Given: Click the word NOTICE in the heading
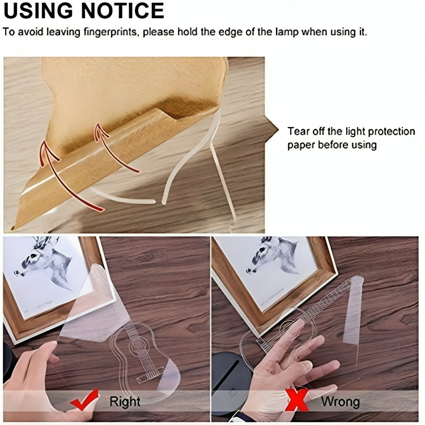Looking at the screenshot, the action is [x=122, y=10].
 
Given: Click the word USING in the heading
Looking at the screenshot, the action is [x=39, y=10].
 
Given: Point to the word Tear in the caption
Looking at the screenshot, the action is [x=298, y=131].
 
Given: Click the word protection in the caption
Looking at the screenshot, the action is [x=392, y=131].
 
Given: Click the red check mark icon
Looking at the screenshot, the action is [x=85, y=399].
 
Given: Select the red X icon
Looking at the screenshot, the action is [x=297, y=399].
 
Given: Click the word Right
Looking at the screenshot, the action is [x=125, y=401].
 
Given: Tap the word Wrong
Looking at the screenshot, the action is [x=341, y=401].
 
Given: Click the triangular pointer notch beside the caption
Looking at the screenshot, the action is [x=271, y=130].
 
